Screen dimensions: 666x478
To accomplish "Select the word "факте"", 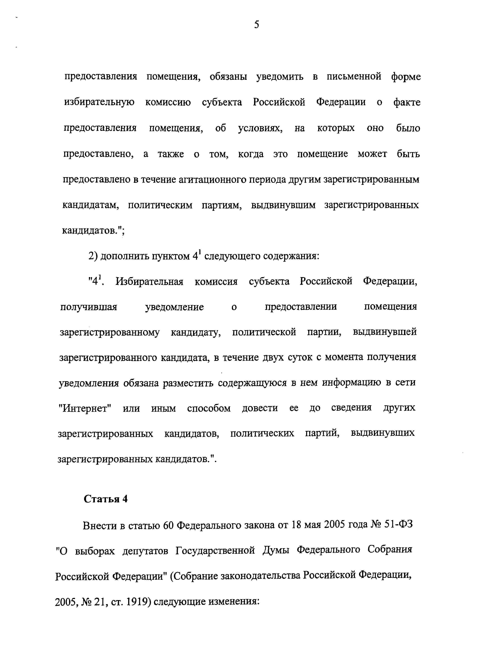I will point(407,102).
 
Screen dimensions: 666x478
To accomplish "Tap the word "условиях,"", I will point(260,128).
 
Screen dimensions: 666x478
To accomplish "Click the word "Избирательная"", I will point(149,282).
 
